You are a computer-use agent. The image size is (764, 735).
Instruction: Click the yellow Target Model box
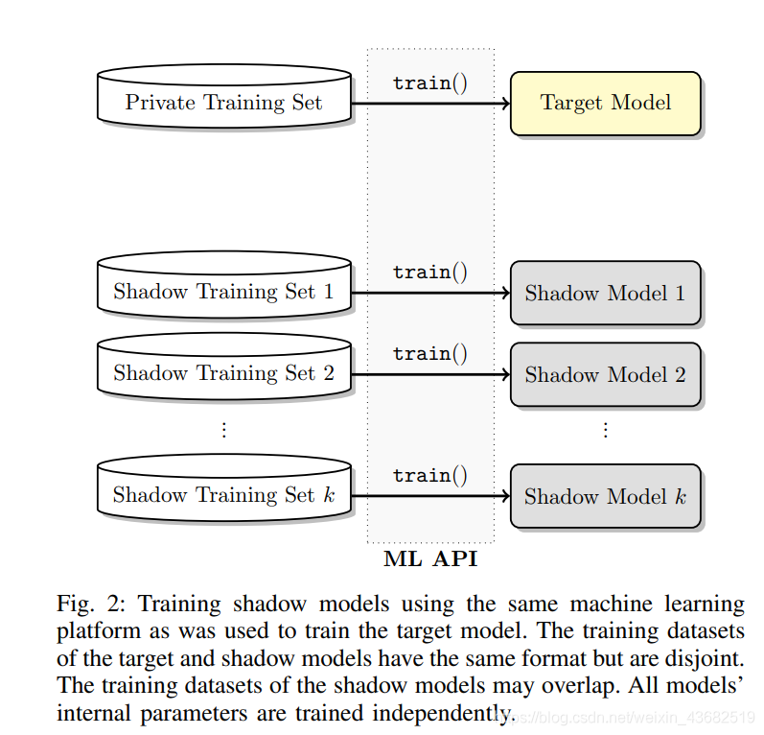605,103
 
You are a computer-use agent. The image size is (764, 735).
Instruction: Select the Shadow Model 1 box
605,293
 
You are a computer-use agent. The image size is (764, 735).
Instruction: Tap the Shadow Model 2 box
605,374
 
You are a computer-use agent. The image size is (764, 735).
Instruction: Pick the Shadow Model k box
605,496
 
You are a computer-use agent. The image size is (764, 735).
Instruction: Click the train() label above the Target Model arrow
430,83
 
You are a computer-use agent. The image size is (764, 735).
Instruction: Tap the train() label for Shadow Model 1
430,272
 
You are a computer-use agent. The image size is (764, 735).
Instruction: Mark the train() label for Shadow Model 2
430,353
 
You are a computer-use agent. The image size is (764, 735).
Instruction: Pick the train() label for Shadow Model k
430,475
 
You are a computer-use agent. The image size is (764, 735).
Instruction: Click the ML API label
430,559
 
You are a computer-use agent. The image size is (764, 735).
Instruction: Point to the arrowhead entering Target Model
503,103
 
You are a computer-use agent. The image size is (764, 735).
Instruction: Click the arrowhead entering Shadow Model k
503,496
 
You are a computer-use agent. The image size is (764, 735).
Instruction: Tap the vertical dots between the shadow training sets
224,430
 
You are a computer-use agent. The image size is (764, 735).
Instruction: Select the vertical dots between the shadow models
605,430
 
